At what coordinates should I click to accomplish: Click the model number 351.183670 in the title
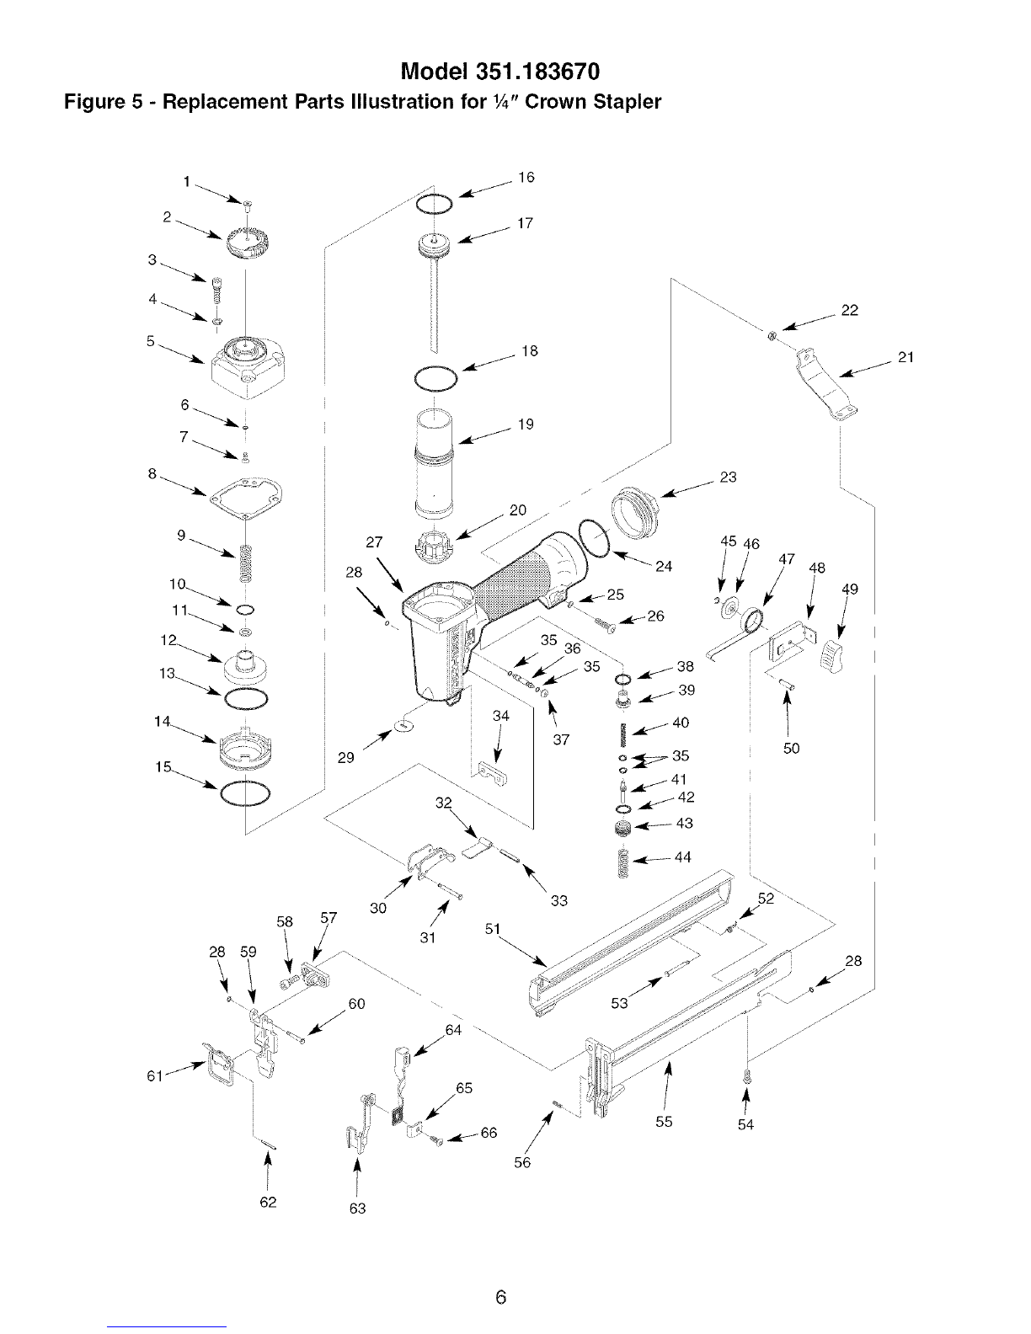click(x=537, y=72)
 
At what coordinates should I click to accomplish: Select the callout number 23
click(x=728, y=477)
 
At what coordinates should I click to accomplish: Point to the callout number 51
click(x=493, y=929)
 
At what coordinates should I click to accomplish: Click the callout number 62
click(x=269, y=1202)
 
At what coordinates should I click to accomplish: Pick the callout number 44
click(x=683, y=857)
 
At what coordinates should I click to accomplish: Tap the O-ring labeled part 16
click(x=434, y=203)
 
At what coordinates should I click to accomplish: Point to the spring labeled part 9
click(x=246, y=564)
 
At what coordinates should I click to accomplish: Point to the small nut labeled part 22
click(x=773, y=335)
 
